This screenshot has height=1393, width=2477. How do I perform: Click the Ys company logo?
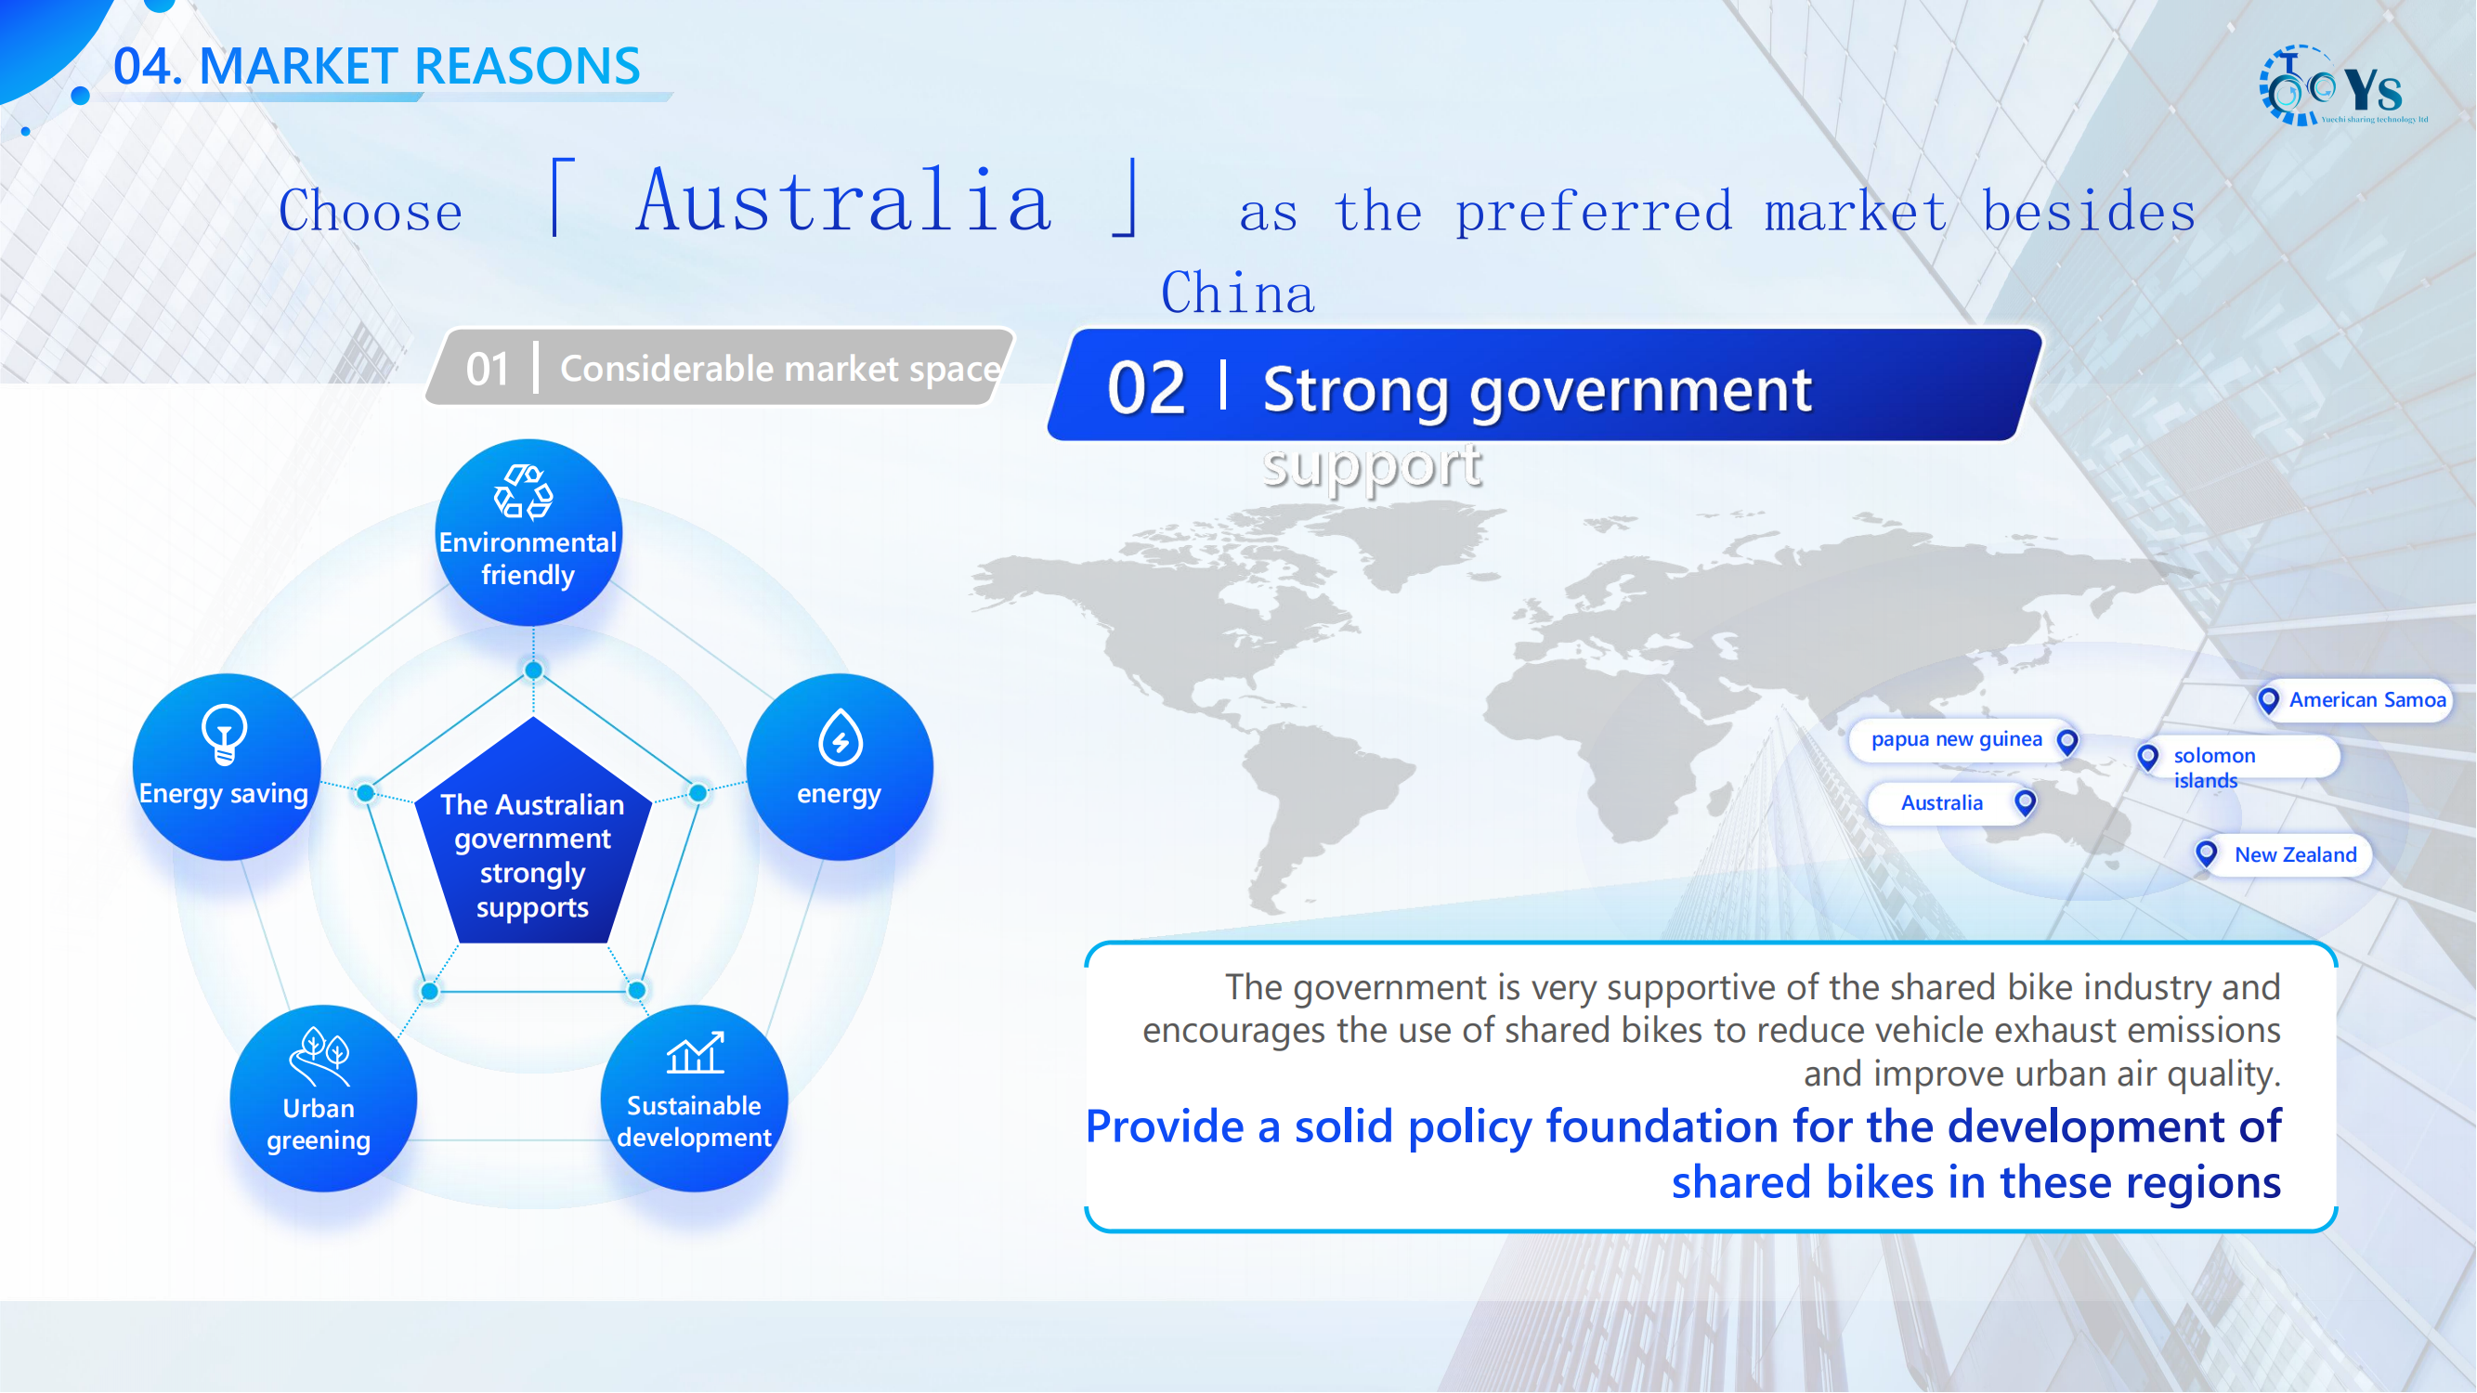click(x=2342, y=86)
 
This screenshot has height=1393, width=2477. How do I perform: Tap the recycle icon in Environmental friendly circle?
click(x=523, y=492)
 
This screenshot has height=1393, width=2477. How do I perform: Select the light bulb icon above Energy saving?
click(x=224, y=735)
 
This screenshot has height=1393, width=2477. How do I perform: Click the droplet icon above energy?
click(x=840, y=737)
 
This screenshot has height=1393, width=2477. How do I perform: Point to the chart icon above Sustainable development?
click(x=696, y=1054)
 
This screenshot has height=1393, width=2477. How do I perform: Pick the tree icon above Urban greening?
click(x=320, y=1057)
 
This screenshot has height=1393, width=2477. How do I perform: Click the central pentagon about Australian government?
click(x=533, y=832)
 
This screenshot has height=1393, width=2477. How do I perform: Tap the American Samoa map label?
click(x=2355, y=700)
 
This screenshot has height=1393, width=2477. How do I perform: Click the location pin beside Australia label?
click(x=2025, y=802)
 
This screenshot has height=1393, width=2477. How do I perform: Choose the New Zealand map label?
click(x=2283, y=854)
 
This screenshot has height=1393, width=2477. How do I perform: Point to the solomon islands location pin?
click(x=2148, y=758)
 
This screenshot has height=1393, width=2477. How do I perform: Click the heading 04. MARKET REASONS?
click(x=377, y=65)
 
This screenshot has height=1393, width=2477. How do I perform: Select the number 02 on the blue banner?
click(x=1146, y=388)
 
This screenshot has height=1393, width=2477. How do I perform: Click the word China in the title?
click(x=1237, y=293)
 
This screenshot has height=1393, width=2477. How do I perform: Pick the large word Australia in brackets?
click(x=844, y=200)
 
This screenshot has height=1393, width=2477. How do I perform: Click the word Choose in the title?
click(x=371, y=211)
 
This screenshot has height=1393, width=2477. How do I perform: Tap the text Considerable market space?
click(x=781, y=368)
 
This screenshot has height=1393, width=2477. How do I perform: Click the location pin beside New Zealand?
click(x=2207, y=853)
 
